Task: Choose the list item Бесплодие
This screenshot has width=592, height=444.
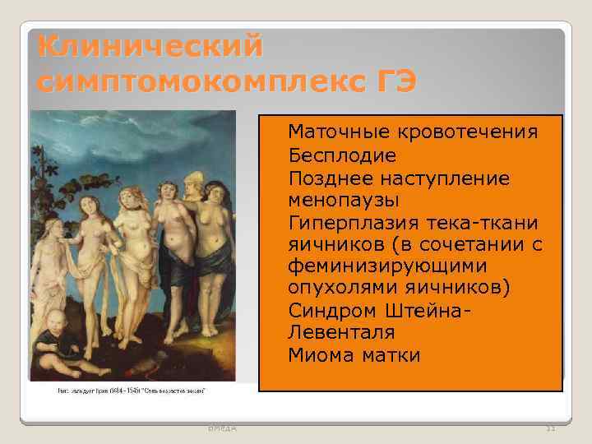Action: coord(342,155)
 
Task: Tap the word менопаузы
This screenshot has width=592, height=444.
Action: coord(344,200)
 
